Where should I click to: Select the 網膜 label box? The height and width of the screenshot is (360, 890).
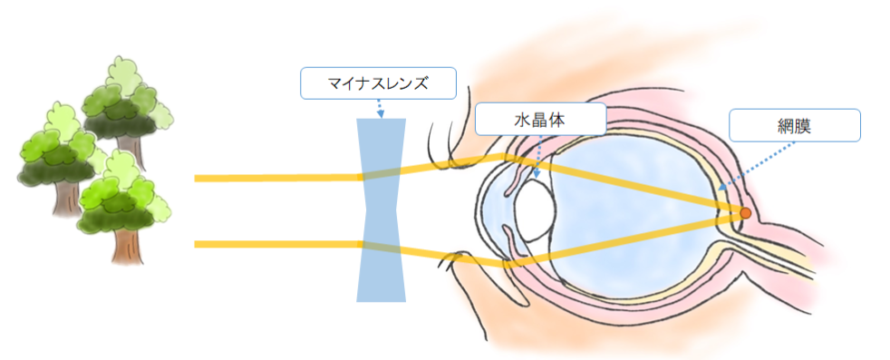click(794, 125)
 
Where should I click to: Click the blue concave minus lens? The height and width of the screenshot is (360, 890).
click(381, 263)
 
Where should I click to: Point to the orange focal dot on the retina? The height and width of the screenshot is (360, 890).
click(745, 213)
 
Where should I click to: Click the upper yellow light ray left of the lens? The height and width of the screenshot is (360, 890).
click(272, 178)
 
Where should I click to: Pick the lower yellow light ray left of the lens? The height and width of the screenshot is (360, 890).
click(272, 244)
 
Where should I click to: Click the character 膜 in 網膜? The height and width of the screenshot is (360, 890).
click(804, 125)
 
